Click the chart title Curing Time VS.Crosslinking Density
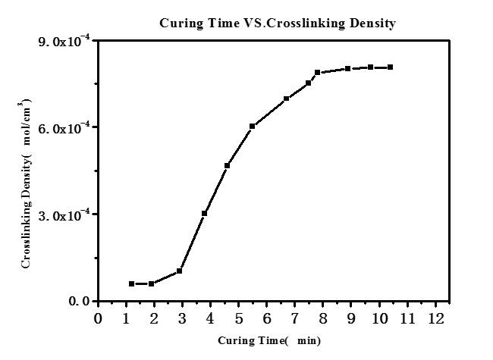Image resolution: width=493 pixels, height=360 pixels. (277, 23)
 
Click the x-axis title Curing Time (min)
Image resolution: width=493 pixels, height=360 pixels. (269, 341)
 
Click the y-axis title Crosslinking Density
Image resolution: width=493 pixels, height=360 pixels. (27, 183)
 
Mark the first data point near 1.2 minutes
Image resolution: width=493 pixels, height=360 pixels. (131, 283)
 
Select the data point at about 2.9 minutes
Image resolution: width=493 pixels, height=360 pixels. (179, 271)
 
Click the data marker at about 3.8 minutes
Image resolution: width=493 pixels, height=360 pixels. (205, 213)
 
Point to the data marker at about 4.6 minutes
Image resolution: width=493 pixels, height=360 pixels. (227, 165)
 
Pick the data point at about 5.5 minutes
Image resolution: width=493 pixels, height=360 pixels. (252, 126)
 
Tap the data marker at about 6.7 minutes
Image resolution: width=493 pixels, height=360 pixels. (286, 99)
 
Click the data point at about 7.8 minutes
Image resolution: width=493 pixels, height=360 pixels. (317, 73)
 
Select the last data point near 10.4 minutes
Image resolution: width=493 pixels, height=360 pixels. (390, 67)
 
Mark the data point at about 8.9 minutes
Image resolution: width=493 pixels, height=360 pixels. (347, 69)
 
